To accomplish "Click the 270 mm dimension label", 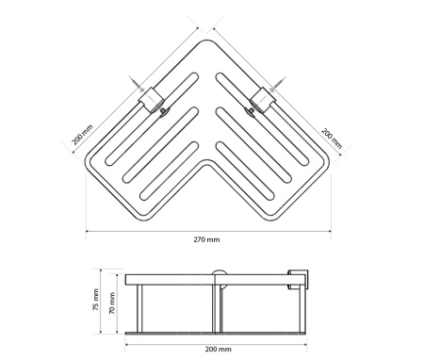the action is pos(206,239).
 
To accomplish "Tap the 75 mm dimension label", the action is pos(96,300).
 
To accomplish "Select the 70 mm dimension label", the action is pos(112,303).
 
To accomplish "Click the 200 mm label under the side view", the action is pos(219,349).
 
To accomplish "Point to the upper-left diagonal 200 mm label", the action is pos(83,135).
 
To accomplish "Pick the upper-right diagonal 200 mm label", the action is pos(332,138).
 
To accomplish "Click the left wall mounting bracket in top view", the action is pos(151,100).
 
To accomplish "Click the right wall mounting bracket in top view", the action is pos(263,100).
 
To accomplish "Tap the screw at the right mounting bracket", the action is pos(278,84).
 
